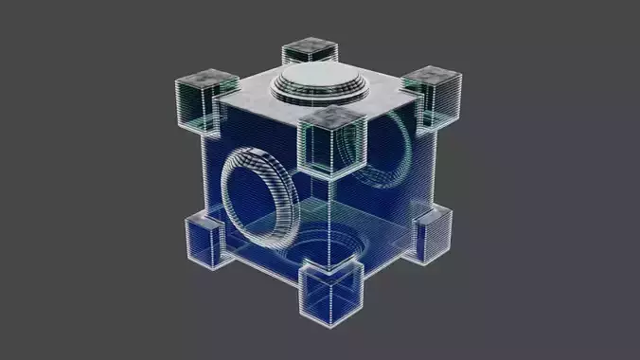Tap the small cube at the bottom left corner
[202, 240]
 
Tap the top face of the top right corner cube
[433, 76]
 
